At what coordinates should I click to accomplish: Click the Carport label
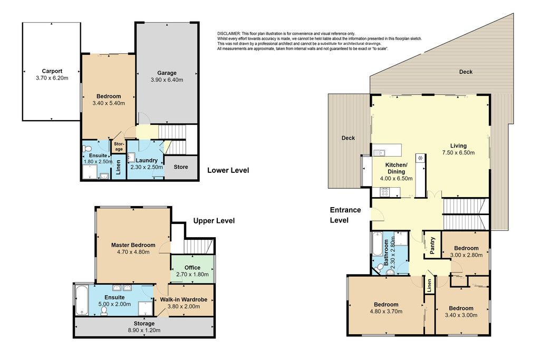coord(52,71)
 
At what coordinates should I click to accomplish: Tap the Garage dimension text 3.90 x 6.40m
coord(167,80)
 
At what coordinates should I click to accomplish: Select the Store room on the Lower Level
coord(181,167)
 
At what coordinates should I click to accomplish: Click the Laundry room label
coord(147,160)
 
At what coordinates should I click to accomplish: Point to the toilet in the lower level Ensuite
coord(86,149)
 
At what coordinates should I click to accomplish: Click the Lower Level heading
coord(228,170)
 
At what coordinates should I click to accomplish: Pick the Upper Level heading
coord(214,221)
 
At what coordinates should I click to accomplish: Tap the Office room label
coord(192,267)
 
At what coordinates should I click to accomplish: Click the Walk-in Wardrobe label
coord(184,300)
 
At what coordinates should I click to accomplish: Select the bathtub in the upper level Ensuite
coord(81,300)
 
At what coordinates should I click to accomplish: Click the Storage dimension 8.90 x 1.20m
coord(144,330)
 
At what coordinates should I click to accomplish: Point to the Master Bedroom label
coord(133,245)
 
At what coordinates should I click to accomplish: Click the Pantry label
coord(432,246)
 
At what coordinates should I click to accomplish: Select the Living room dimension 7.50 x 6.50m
coord(458,152)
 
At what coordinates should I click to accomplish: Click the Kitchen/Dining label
coord(396,168)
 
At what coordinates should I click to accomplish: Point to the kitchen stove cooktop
coord(384,192)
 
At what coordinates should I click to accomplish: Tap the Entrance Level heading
coord(345,215)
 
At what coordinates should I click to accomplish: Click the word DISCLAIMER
coord(229,34)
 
